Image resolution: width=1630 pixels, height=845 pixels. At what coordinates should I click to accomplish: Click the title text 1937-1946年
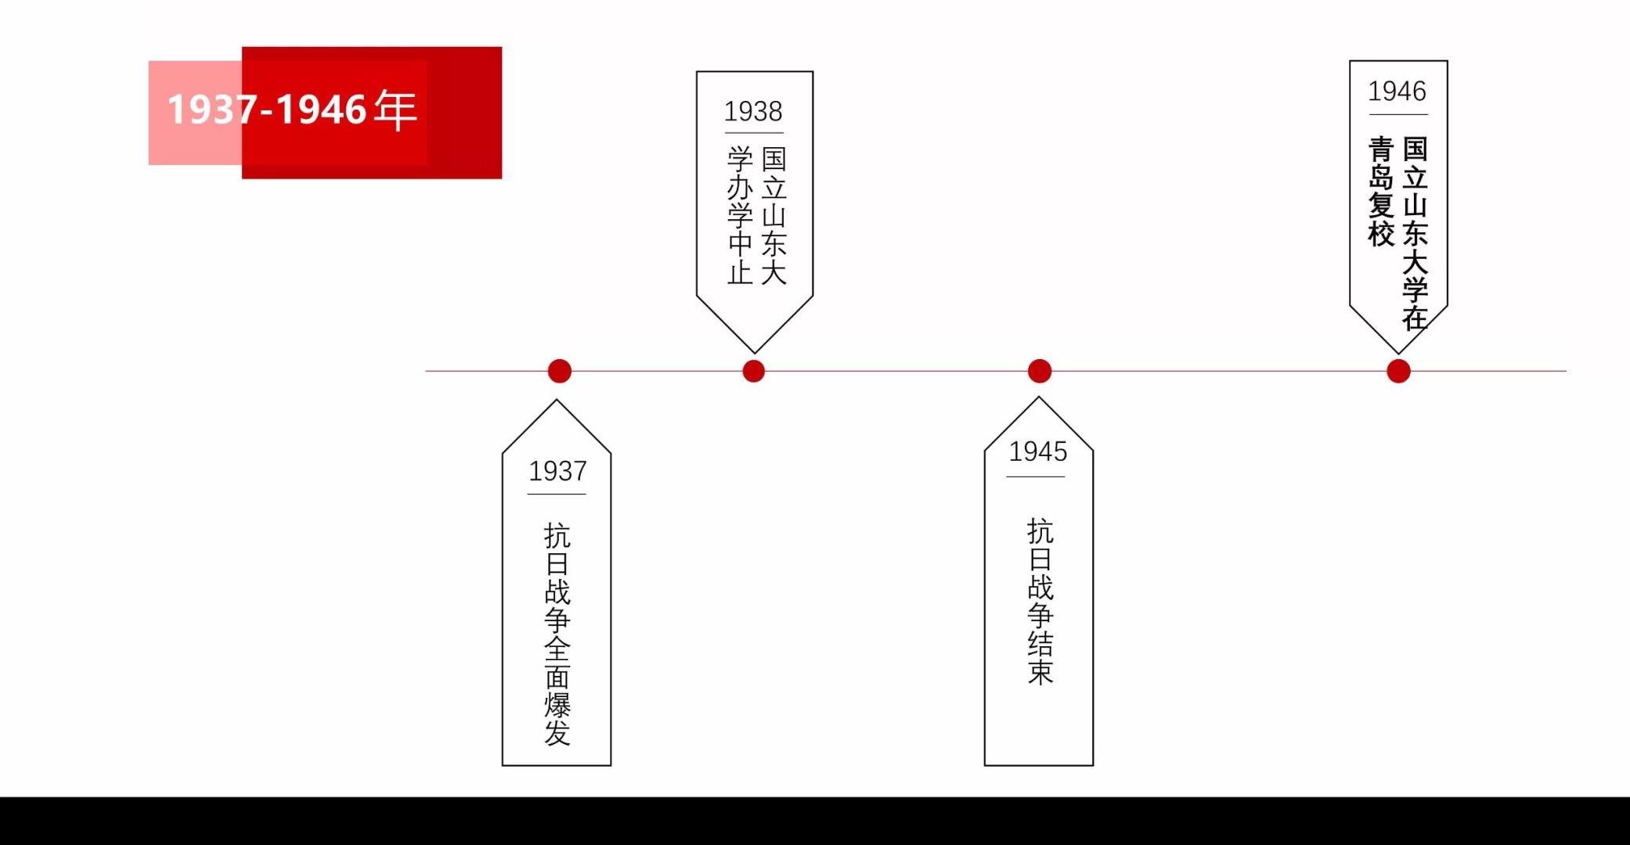[x=292, y=109]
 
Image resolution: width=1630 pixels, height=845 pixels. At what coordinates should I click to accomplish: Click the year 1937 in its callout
[x=557, y=471]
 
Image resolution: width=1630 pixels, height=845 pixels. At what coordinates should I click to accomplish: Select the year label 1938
[x=753, y=112]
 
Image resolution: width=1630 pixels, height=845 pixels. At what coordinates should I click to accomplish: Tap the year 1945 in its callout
[x=1037, y=451]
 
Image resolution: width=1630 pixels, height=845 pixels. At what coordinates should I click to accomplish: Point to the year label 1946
[x=1397, y=92]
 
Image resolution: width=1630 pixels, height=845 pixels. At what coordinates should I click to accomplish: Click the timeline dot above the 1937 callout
[x=560, y=371]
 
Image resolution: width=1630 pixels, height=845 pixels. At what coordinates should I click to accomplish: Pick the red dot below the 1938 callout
[x=753, y=371]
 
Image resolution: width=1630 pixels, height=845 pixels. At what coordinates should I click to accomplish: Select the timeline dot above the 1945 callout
[x=1040, y=371]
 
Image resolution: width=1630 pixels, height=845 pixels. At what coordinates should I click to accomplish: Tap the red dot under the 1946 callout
[x=1398, y=371]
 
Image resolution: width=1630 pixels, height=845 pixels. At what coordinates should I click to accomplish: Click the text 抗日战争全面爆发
[x=557, y=634]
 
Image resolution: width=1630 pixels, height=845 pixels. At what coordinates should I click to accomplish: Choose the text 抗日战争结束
[x=1040, y=601]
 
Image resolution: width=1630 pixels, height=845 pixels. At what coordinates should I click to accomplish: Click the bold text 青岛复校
[x=1382, y=192]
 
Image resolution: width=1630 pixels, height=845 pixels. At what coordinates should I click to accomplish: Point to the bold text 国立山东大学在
[x=1415, y=233]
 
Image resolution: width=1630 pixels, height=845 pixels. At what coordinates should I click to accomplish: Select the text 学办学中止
[x=741, y=215]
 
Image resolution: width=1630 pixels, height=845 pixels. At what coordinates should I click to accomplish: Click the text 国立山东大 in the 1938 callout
[x=774, y=215]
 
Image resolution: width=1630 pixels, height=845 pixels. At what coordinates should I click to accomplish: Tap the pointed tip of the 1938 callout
[x=755, y=353]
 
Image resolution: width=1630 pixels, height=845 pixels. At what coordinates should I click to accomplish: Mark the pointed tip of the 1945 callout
[x=1039, y=397]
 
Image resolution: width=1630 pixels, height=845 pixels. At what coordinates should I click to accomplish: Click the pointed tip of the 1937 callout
[x=557, y=400]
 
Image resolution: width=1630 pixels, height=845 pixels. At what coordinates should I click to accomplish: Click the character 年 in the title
[x=395, y=109]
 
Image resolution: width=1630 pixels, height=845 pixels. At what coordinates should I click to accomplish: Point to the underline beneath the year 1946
[x=1398, y=115]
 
